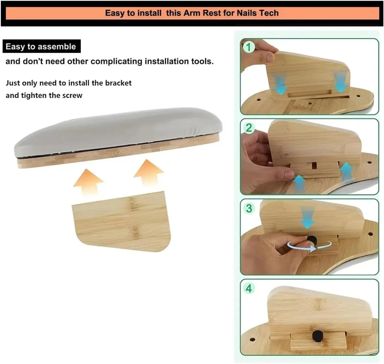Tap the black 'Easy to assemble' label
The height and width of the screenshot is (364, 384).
[x=41, y=46]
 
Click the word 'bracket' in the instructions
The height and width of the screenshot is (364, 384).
[x=118, y=83]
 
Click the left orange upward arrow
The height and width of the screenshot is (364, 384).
[x=88, y=182]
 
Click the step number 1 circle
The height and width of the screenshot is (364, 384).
[x=249, y=47]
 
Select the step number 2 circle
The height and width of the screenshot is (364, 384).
[x=249, y=128]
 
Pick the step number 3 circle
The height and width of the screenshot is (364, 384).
[x=249, y=208]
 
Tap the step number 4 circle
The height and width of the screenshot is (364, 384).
[x=249, y=289]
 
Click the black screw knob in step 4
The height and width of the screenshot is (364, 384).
[x=317, y=336]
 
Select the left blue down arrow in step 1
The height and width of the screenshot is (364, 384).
[x=280, y=85]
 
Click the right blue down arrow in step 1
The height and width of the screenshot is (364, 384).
[x=341, y=82]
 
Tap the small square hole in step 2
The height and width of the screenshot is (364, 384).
[x=314, y=165]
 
